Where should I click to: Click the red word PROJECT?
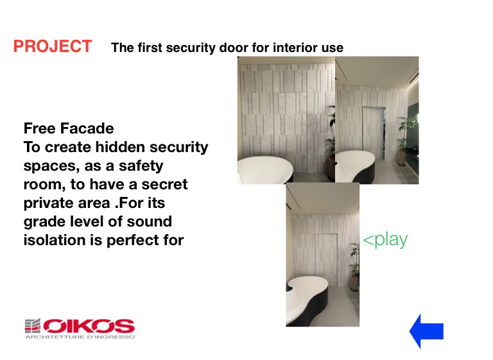53,46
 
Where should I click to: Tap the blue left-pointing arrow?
426,331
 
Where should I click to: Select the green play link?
385,240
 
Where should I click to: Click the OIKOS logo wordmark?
89,326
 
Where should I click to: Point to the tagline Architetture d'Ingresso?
80,338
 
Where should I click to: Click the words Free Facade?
69,128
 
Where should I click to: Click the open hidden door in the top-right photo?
374,132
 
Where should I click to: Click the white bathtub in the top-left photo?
264,169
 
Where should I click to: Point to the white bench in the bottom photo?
307,298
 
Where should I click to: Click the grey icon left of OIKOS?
33,326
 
